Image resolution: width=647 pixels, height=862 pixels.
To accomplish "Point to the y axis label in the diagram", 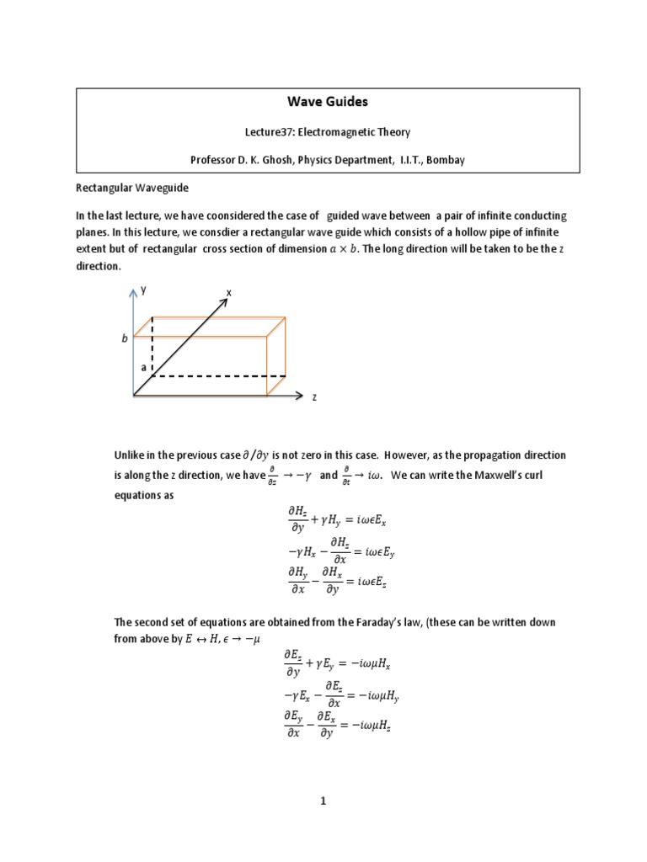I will click(144, 289).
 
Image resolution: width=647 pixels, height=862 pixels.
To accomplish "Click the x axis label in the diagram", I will click(228, 292).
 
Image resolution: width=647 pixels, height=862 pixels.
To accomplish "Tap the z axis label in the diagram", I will click(314, 396).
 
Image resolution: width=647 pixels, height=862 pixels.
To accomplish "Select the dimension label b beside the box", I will click(125, 338).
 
